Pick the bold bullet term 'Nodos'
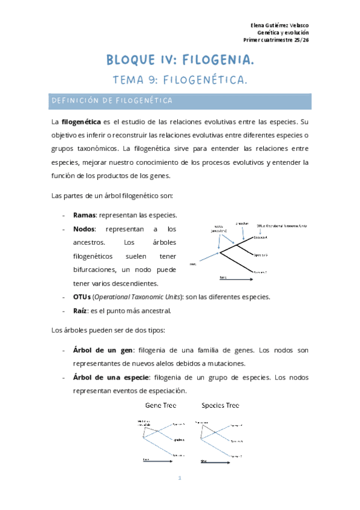coord(85,229)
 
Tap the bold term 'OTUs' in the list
coord(82,297)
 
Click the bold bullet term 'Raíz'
coord(81,311)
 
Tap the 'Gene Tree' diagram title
coord(161,405)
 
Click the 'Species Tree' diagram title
coord(221,405)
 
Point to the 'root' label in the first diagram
coord(192,263)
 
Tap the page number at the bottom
coord(180,479)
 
